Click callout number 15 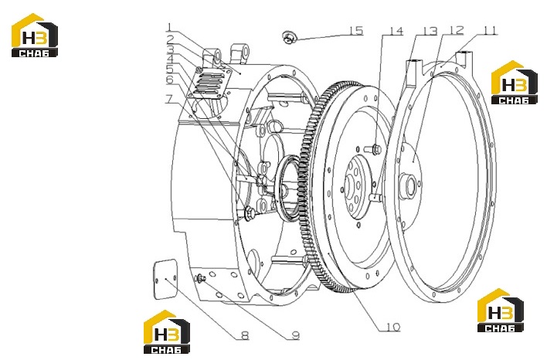[x=356, y=30]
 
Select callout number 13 [x=430, y=31]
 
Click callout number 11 [x=490, y=30]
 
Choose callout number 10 [x=393, y=327]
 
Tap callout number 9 [x=295, y=335]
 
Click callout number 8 [x=245, y=335]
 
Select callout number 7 [x=169, y=99]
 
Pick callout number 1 [x=169, y=27]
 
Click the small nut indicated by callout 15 [x=289, y=37]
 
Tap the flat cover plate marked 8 [x=165, y=279]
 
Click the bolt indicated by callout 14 [x=372, y=149]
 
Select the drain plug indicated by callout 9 [x=201, y=278]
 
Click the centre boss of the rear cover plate [x=407, y=187]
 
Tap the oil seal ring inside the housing [x=287, y=188]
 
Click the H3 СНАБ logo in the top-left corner [x=35, y=36]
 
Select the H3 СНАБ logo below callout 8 [x=167, y=331]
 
